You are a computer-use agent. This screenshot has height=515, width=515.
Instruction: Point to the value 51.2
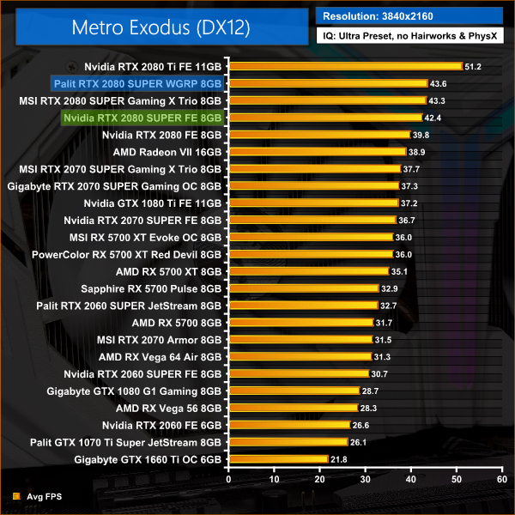474,66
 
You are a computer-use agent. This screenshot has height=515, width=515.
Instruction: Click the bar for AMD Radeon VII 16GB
316,152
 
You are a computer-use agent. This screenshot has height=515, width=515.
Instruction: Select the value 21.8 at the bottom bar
339,459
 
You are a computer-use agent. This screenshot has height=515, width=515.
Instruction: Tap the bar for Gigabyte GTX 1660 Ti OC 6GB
276,459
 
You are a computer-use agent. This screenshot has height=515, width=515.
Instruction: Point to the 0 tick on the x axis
227,478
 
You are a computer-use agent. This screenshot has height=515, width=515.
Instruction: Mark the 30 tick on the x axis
365,478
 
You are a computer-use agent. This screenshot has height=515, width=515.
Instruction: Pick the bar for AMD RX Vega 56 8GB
292,408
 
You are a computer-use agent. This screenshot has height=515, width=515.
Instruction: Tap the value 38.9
417,152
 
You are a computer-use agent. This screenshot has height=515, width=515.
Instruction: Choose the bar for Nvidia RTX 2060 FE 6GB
288,425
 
